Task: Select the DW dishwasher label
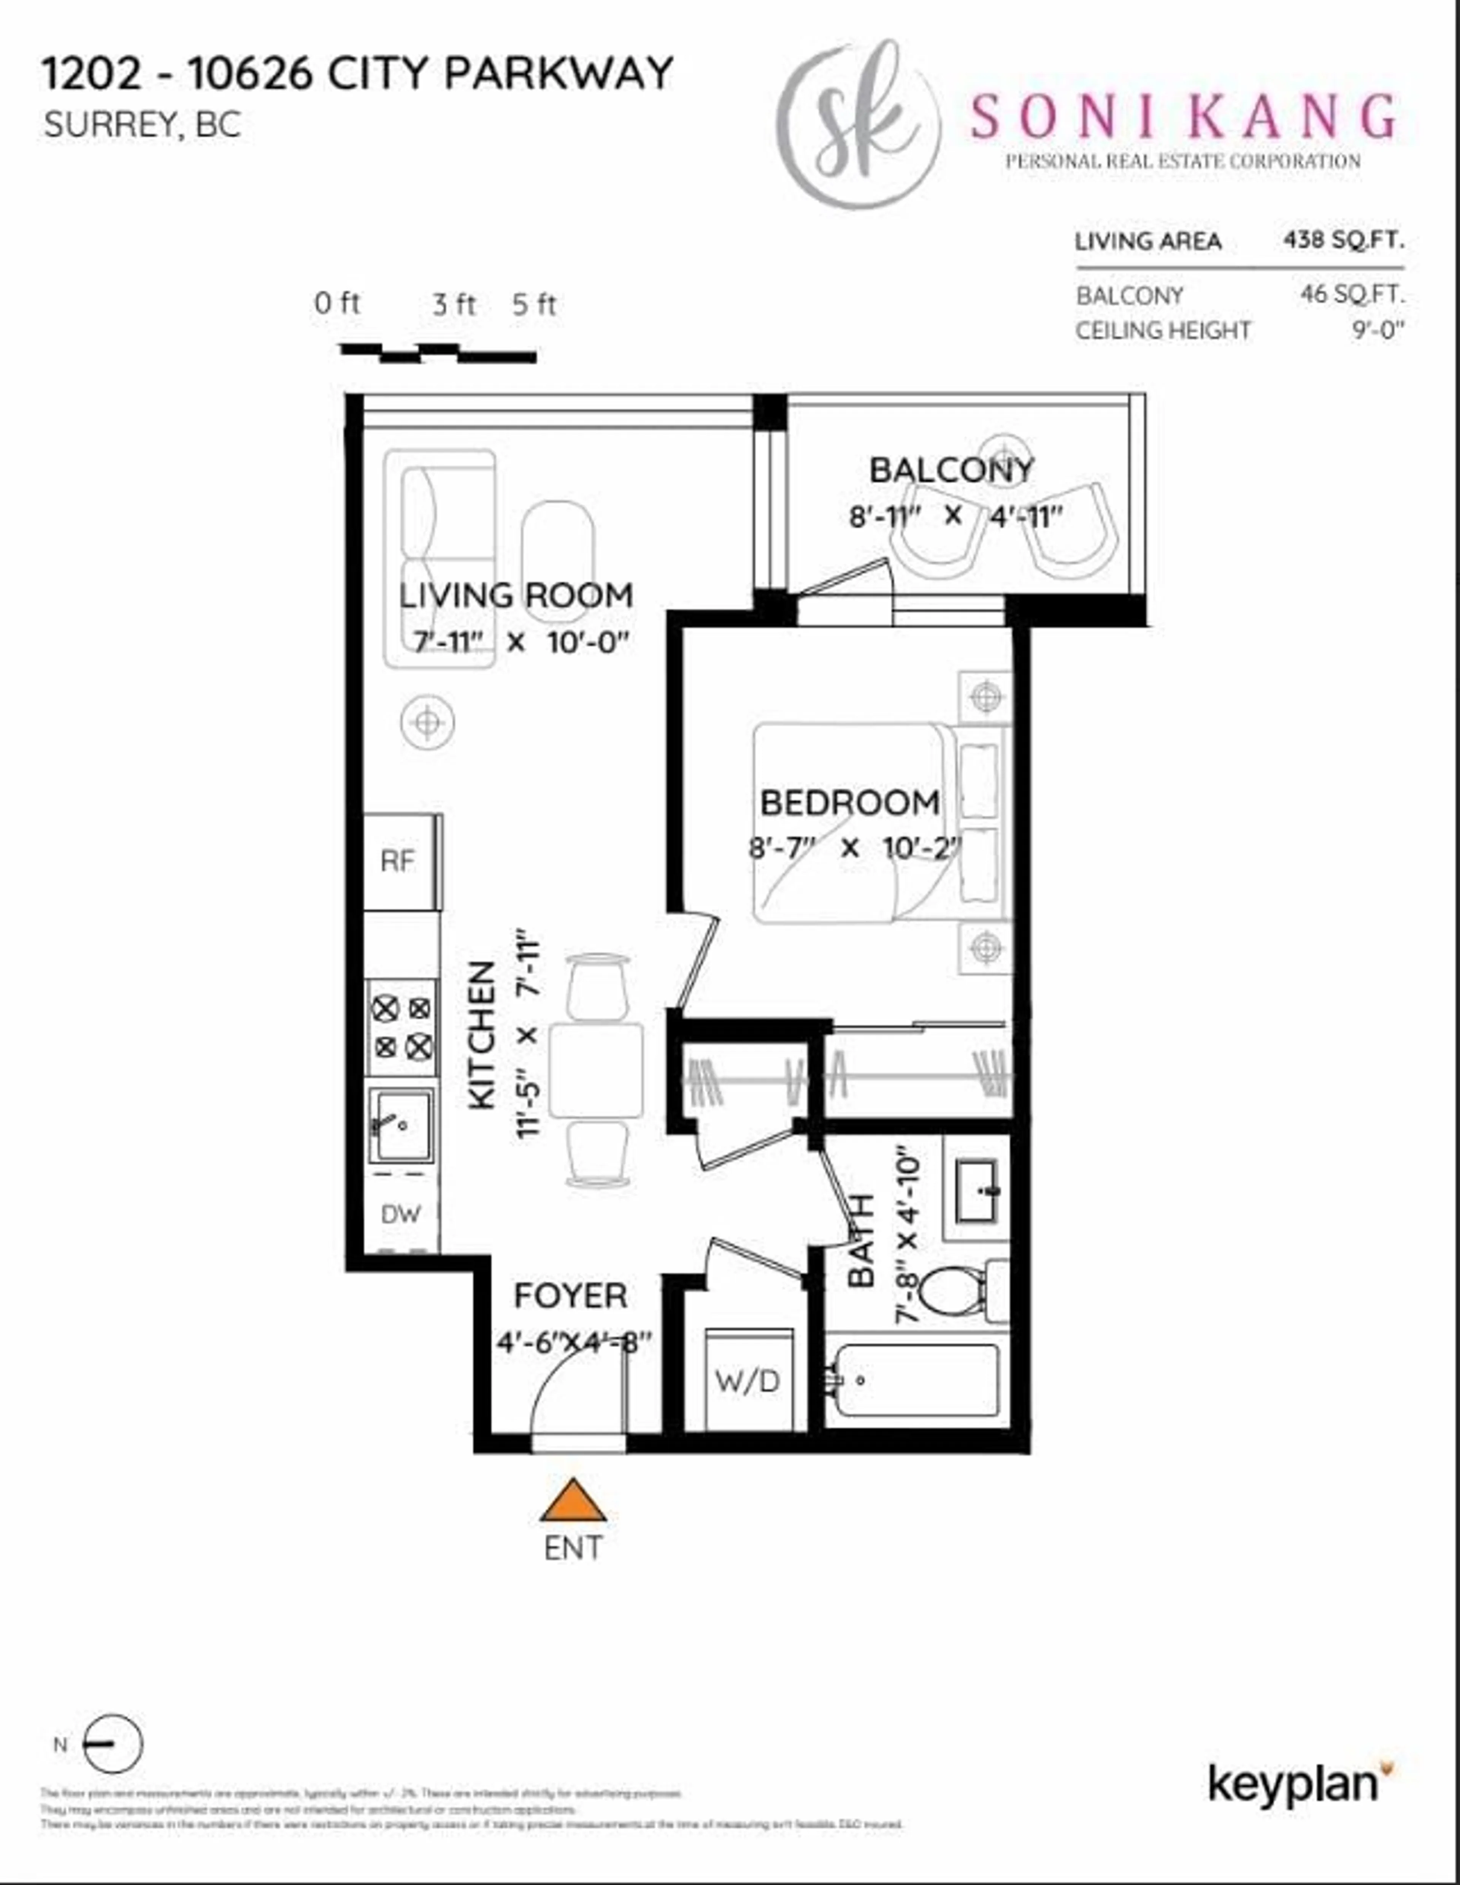point(401,1214)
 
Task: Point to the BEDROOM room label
point(850,803)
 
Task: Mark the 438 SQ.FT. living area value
point(1343,240)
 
